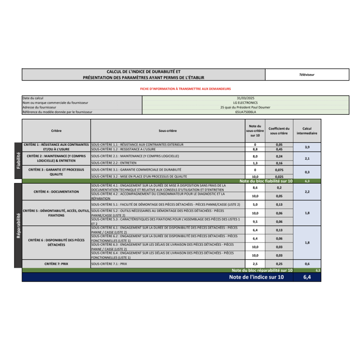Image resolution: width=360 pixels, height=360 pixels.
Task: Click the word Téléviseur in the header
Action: pos(307,74)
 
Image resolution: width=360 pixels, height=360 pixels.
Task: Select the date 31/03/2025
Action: pos(245,98)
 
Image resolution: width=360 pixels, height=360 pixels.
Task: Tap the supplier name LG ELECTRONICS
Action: pos(245,103)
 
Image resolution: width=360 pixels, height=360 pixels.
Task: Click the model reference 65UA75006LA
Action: pos(245,112)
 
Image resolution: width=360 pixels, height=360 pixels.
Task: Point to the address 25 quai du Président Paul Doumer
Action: pos(245,107)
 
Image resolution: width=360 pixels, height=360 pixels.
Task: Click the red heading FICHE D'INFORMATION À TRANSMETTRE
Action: pos(185,89)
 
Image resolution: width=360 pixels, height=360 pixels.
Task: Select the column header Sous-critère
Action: pos(167,131)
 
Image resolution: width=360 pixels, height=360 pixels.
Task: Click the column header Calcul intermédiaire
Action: pos(307,131)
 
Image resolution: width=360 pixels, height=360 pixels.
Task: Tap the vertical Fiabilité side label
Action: pos(18,160)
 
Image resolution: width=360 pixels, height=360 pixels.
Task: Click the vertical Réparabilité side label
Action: pos(18,225)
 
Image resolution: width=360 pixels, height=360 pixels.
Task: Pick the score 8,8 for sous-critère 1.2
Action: pos(255,149)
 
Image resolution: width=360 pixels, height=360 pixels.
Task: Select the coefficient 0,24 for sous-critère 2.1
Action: pos(279,156)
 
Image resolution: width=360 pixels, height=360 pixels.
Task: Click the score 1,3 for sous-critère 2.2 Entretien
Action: pos(255,163)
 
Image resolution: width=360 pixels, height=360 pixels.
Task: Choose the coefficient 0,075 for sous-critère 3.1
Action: pos(279,170)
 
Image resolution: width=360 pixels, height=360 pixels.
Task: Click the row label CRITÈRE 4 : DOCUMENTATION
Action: pos(56,192)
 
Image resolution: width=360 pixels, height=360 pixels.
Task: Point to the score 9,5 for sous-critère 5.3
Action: pos(255,221)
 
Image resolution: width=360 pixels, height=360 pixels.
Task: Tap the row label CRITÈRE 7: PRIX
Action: pos(56,264)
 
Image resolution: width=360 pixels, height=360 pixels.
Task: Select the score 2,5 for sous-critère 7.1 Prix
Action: pos(255,264)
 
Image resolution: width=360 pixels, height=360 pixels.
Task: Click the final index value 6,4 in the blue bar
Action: pos(307,277)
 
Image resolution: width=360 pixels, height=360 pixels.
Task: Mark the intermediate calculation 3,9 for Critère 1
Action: pos(307,147)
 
